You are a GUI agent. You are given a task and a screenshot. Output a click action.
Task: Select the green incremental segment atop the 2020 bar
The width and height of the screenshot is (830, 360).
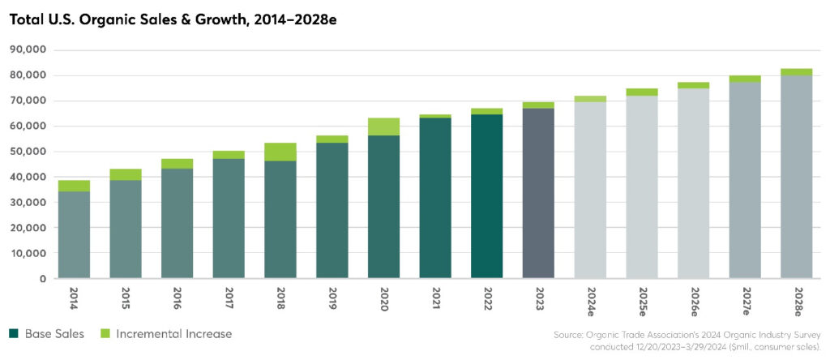[383, 126]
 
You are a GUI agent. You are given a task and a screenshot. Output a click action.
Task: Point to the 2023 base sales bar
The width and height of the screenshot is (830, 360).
[538, 193]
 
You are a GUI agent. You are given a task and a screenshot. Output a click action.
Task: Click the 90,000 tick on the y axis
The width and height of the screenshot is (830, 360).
[27, 50]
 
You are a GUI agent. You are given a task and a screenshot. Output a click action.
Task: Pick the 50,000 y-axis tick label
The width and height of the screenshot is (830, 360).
[27, 152]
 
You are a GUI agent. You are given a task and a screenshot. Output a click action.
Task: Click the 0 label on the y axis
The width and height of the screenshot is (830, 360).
[41, 279]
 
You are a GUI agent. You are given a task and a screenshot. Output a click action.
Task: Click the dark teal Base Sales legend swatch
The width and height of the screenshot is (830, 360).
[14, 334]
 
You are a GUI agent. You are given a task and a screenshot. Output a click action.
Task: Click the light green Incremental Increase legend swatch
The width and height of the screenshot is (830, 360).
[105, 334]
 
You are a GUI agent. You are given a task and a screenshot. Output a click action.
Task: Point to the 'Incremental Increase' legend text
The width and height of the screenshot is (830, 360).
[173, 334]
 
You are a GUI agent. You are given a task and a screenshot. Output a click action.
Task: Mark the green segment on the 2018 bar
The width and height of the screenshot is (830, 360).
[280, 152]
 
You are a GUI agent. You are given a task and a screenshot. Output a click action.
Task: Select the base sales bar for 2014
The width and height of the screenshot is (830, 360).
[74, 235]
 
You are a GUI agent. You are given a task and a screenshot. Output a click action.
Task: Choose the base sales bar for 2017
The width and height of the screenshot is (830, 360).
[229, 218]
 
